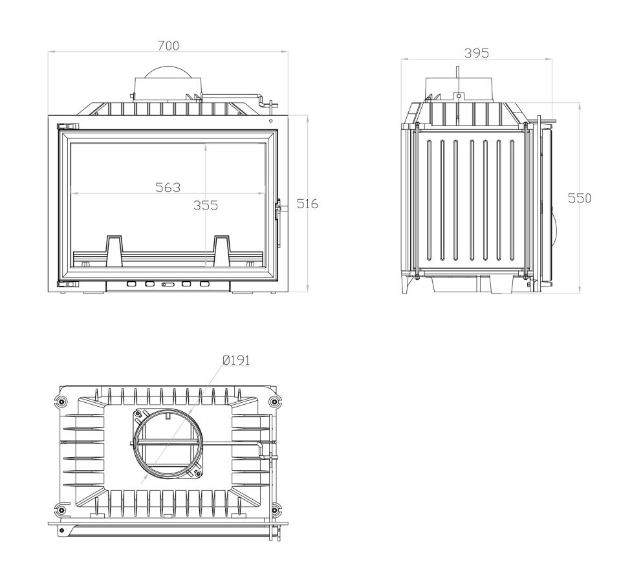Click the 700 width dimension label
[x=168, y=46]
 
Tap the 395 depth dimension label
[x=477, y=53]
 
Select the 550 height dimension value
[x=580, y=198]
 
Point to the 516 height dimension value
[x=307, y=204]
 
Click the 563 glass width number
[x=168, y=188]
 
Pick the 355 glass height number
[x=206, y=205]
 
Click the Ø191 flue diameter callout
[x=236, y=360]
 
